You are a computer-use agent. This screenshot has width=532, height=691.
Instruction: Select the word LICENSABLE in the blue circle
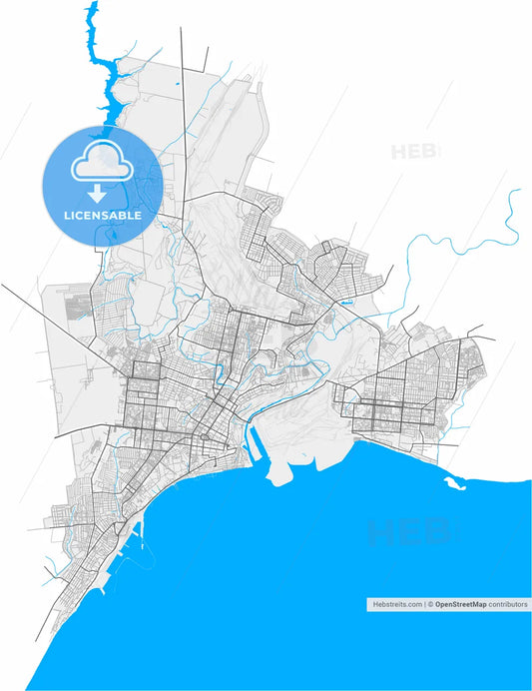click(102, 215)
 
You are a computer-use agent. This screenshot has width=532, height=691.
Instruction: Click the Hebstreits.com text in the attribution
click(394, 604)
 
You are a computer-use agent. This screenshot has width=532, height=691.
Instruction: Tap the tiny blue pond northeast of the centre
click(346, 297)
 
